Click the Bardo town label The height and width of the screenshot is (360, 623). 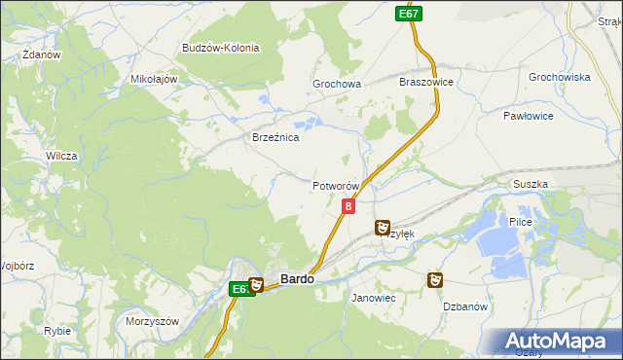tap(297, 279)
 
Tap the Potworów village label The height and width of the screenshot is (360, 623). tap(337, 186)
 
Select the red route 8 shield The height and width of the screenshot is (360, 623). tap(348, 206)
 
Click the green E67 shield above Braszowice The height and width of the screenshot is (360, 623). tap(409, 14)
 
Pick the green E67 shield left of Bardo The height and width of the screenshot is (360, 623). tap(241, 289)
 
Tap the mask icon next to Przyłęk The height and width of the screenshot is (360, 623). tap(383, 228)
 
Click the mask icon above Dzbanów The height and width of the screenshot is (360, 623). tap(434, 280)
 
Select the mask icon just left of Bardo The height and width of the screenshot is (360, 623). tap(256, 285)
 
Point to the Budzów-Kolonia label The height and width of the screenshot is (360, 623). tap(220, 48)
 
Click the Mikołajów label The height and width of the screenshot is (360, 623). tap(153, 79)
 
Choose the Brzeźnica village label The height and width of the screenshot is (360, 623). tap(275, 138)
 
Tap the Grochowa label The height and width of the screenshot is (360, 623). tap(337, 85)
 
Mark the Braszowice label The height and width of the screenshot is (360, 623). tap(426, 83)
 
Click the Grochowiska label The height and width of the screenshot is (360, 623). tap(560, 77)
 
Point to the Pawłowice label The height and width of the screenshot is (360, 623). tap(529, 116)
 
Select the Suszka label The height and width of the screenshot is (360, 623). tap(531, 184)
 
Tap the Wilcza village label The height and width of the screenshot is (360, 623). tap(61, 156)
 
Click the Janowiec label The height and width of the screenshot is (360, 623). tap(373, 297)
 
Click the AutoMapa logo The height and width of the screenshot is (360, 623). tap(561, 342)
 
